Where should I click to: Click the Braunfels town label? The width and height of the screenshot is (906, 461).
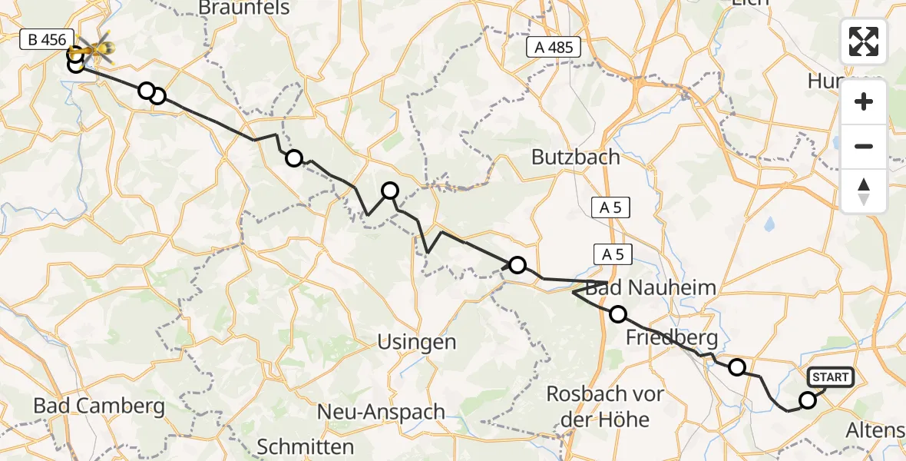(244, 8)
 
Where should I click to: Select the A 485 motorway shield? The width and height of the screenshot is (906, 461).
(554, 48)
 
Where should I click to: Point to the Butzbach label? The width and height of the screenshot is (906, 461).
(576, 158)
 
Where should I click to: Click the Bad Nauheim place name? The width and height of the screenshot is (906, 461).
(652, 288)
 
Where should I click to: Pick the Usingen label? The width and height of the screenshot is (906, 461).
(417, 342)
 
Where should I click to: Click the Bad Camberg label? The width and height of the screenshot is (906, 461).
(99, 406)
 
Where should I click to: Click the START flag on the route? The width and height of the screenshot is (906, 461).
(830, 376)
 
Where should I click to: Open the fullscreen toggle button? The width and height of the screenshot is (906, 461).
(864, 41)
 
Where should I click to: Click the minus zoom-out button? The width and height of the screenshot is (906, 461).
(864, 146)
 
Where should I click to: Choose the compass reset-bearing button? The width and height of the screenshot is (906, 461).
(864, 191)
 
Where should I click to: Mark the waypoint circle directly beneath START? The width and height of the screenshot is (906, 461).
(807, 400)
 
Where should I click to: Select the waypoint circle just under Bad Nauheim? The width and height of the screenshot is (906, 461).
(618, 313)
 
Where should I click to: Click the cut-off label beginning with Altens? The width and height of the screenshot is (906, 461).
(876, 431)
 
